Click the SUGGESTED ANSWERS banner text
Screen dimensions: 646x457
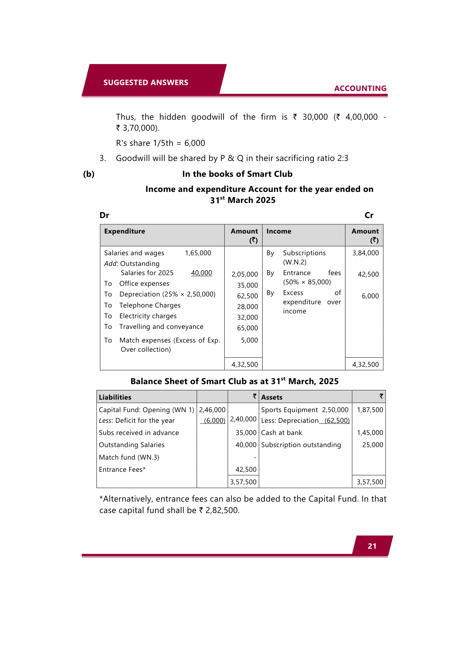pyautogui.click(x=145, y=82)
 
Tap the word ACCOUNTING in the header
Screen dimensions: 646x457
pyautogui.click(x=360, y=88)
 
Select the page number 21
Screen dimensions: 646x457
pyautogui.click(x=372, y=546)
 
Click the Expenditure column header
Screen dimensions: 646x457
pyautogui.click(x=124, y=231)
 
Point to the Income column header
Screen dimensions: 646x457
pyautogui.click(x=278, y=231)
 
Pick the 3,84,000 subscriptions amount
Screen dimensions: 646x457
pyautogui.click(x=365, y=253)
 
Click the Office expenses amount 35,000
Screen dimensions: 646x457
pyautogui.click(x=247, y=285)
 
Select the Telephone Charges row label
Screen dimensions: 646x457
pyautogui.click(x=150, y=305)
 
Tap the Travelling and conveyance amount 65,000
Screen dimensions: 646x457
pyautogui.click(x=247, y=328)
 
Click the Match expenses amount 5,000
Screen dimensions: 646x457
pyautogui.click(x=249, y=340)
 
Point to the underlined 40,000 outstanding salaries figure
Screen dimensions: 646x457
pyautogui.click(x=201, y=273)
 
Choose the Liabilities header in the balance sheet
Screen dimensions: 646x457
pyautogui.click(x=115, y=397)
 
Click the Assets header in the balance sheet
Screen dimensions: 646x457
pyautogui.click(x=272, y=397)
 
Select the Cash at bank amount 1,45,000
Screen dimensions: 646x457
pyautogui.click(x=370, y=433)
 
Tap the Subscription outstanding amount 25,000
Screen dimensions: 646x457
pyautogui.click(x=372, y=445)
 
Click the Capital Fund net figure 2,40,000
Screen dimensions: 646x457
pyautogui.click(x=243, y=419)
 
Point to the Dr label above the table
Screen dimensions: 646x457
pyautogui.click(x=104, y=215)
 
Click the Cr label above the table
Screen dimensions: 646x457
pyautogui.click(x=369, y=215)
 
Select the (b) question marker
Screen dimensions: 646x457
pyautogui.click(x=89, y=174)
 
